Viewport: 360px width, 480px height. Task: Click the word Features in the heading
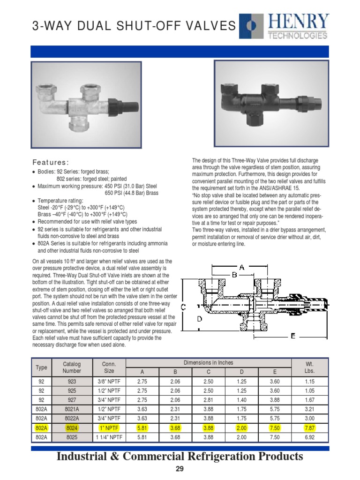click(x=50, y=163)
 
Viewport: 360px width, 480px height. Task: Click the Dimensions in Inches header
click(x=208, y=363)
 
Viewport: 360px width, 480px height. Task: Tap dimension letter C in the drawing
click(x=184, y=307)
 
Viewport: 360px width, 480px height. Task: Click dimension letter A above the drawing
click(x=242, y=267)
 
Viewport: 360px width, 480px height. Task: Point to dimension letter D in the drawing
click(x=200, y=319)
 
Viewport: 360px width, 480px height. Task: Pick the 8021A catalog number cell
click(x=72, y=409)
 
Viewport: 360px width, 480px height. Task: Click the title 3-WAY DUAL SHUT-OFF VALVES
click(x=134, y=26)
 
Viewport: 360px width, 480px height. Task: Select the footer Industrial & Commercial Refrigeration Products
click(x=180, y=457)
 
